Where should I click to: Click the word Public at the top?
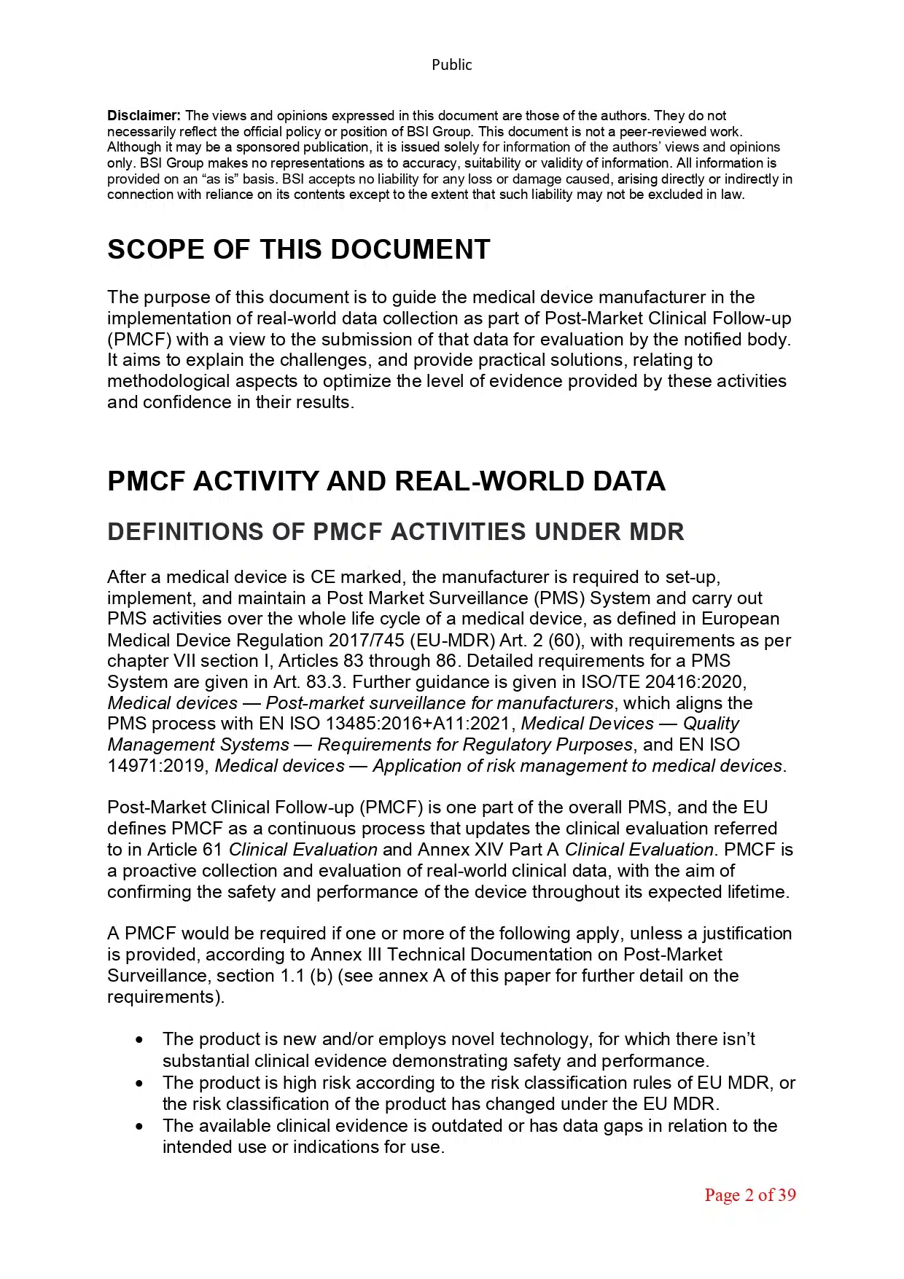pyautogui.click(x=451, y=65)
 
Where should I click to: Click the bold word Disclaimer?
pyautogui.click(x=144, y=115)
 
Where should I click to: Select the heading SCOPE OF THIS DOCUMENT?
pyautogui.click(x=298, y=249)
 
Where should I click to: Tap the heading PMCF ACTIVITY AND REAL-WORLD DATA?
pyautogui.click(x=386, y=481)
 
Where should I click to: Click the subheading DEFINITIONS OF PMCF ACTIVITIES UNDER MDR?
pyautogui.click(x=395, y=532)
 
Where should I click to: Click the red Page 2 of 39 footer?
pyautogui.click(x=749, y=1195)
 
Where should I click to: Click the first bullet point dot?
pyautogui.click(x=139, y=1040)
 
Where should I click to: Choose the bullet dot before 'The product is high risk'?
pyautogui.click(x=139, y=1083)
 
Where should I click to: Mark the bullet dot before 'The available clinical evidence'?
pyautogui.click(x=139, y=1126)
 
